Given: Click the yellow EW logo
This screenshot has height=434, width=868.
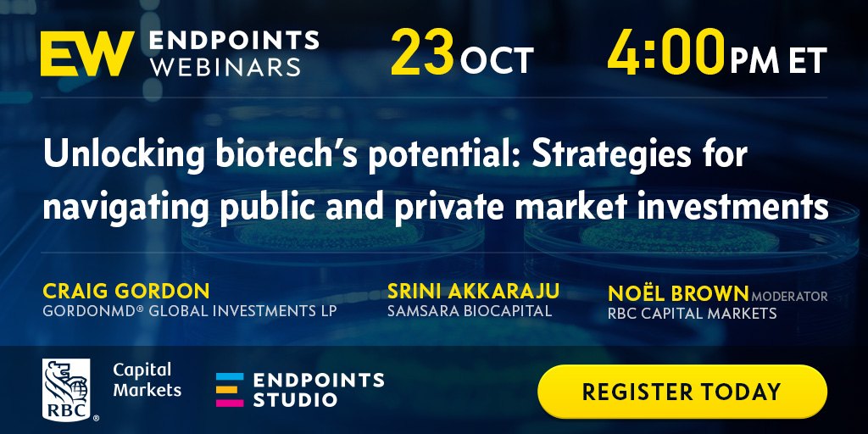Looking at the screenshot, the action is pyautogui.click(x=87, y=53).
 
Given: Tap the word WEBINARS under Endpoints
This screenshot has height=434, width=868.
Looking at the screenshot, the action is pyautogui.click(x=225, y=67).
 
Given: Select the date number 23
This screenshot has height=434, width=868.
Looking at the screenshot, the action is pyautogui.click(x=422, y=53).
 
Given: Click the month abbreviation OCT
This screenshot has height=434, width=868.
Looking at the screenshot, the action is pyautogui.click(x=497, y=61).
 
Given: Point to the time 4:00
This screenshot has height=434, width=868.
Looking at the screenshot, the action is pyautogui.click(x=666, y=53).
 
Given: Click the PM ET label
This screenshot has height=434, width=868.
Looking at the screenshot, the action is pyautogui.click(x=778, y=60).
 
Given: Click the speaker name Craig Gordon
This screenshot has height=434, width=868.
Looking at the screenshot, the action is pyautogui.click(x=126, y=291).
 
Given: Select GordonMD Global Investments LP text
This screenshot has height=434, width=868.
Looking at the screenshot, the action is pyautogui.click(x=189, y=310).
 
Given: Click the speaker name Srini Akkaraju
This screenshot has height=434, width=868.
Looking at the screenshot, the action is pyautogui.click(x=473, y=291).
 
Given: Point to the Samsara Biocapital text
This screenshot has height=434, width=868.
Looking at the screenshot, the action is pyautogui.click(x=470, y=310).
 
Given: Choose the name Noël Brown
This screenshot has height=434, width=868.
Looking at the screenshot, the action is pyautogui.click(x=678, y=293).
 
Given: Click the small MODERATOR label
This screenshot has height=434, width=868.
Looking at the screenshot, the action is pyautogui.click(x=789, y=297).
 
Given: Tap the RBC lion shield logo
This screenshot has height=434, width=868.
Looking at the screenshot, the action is pyautogui.click(x=66, y=389).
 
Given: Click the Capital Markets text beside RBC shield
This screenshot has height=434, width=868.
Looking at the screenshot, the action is pyautogui.click(x=147, y=380).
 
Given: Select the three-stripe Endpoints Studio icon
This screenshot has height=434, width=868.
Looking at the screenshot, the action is pyautogui.click(x=230, y=390).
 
